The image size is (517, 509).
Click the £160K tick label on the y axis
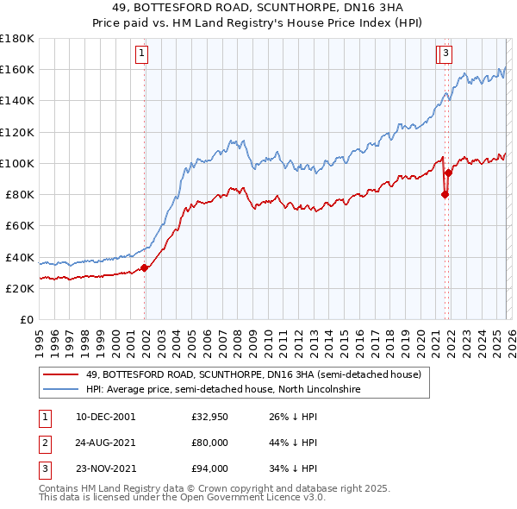[17, 69]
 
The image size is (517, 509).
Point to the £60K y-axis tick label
[20, 225]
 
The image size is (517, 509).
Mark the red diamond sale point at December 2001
[145, 267]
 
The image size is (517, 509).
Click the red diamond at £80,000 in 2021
[445, 194]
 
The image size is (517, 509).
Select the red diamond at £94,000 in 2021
[448, 173]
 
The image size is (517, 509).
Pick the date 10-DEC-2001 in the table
[105, 417]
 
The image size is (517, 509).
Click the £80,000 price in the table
[209, 443]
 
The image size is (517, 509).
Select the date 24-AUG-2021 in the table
[105, 443]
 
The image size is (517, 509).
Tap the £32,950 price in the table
[209, 417]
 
